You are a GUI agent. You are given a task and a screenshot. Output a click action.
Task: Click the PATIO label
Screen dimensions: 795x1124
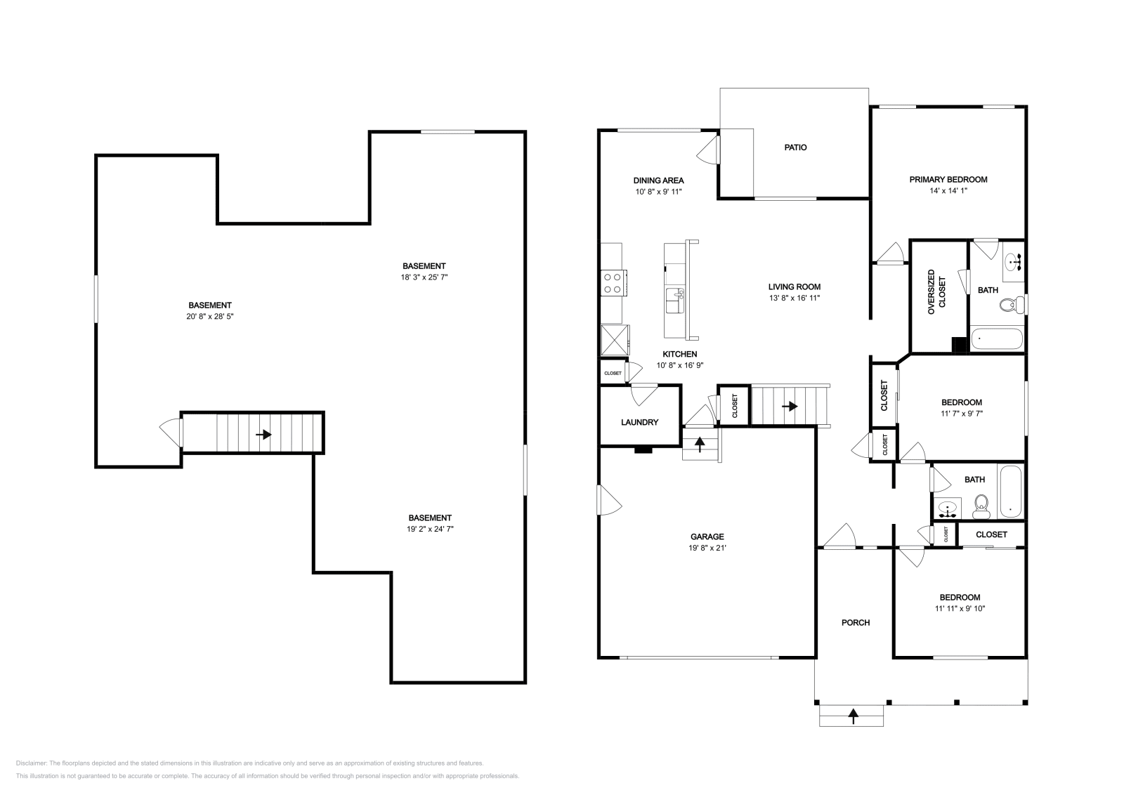click(795, 147)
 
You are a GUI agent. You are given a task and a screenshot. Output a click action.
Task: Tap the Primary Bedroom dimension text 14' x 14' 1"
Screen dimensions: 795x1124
click(948, 190)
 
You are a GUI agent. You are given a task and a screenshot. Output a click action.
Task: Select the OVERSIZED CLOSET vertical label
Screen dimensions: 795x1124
click(936, 291)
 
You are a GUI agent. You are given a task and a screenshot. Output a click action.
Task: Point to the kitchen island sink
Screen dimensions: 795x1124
click(675, 294)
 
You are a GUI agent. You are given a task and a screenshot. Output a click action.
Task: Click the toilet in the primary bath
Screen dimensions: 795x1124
click(1012, 305)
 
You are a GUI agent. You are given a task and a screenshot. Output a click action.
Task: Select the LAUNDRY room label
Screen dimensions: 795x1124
click(639, 422)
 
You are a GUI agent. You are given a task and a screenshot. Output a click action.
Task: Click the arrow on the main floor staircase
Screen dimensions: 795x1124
click(790, 406)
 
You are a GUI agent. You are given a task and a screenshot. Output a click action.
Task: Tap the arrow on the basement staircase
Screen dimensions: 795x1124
click(263, 435)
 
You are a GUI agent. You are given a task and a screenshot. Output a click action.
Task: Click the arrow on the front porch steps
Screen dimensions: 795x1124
click(853, 716)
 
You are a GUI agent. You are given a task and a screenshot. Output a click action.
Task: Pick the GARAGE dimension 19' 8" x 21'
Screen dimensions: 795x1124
click(707, 548)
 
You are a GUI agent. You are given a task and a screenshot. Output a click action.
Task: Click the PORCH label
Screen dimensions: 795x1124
click(856, 622)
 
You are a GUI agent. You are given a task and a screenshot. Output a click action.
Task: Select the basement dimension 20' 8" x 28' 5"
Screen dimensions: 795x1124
click(209, 317)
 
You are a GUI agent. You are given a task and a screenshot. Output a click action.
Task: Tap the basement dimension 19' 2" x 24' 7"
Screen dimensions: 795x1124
click(430, 529)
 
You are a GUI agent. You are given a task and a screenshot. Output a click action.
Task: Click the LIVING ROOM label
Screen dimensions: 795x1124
click(794, 287)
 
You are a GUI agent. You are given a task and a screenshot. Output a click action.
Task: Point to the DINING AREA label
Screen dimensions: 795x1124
click(658, 180)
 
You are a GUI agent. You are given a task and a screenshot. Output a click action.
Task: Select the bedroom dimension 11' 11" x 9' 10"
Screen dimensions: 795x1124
click(960, 609)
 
